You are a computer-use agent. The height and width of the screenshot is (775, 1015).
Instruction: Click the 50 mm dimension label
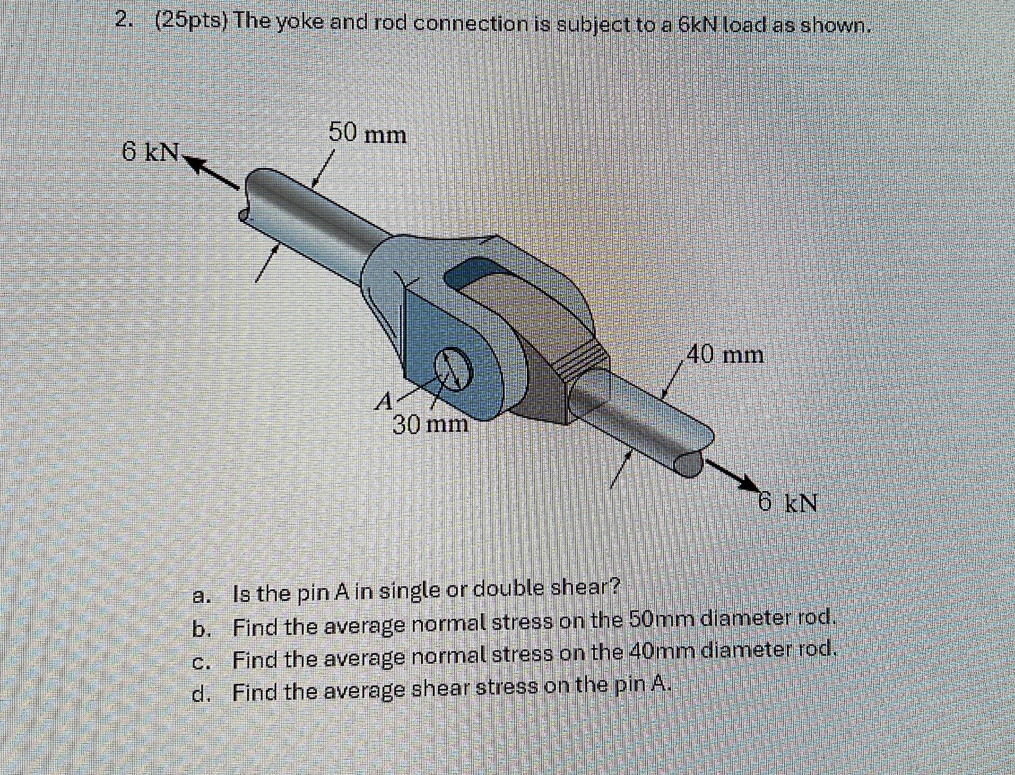click(368, 135)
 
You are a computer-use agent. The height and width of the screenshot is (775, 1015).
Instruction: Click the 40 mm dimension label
click(725, 355)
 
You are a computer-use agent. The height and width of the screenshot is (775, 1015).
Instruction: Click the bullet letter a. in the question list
click(202, 596)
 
